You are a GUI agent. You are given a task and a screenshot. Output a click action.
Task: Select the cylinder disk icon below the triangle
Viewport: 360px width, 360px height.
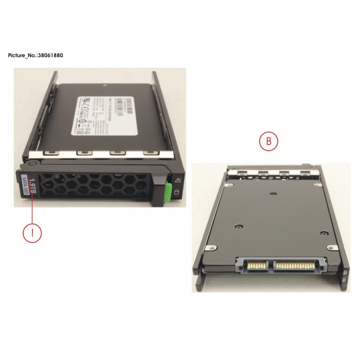[176, 193]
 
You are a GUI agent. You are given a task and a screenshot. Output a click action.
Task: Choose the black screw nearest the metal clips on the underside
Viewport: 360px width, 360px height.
[274, 194]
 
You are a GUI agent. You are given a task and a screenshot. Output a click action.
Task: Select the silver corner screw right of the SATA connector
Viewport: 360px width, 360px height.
[333, 247]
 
